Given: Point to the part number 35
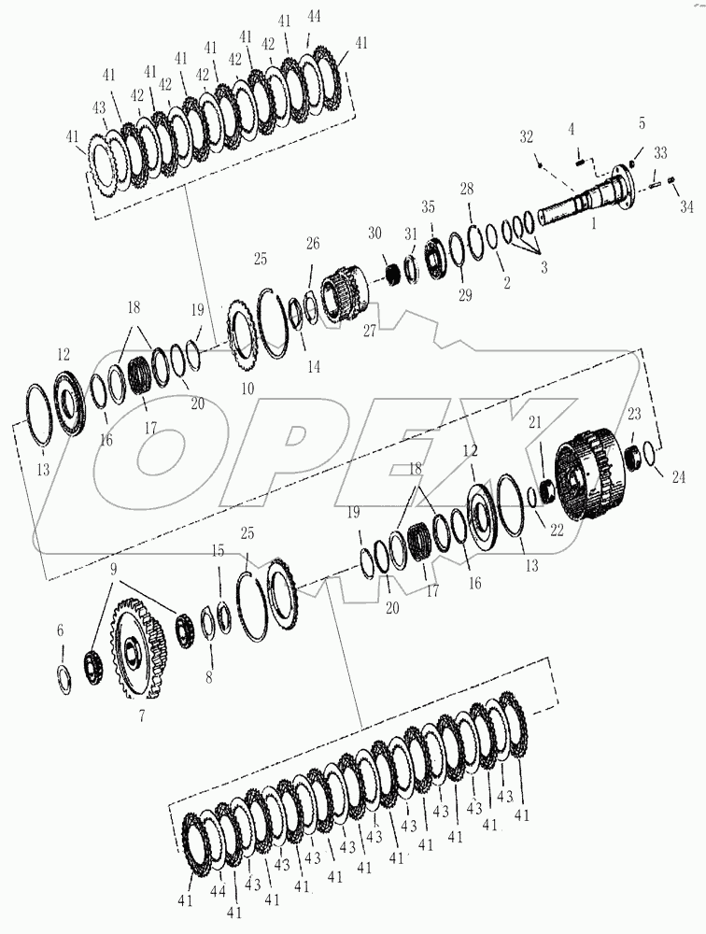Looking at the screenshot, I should (x=428, y=207).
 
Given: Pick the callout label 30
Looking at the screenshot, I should (x=375, y=233).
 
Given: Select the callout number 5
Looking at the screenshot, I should (x=642, y=122).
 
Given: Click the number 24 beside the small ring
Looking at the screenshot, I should (x=677, y=477).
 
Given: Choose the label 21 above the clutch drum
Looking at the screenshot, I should (x=535, y=423).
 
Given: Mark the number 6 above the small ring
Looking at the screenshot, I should (x=61, y=631).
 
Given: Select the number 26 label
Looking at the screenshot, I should (x=313, y=244).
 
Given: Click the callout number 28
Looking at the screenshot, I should (x=467, y=190).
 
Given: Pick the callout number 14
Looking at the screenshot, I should (x=314, y=368).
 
